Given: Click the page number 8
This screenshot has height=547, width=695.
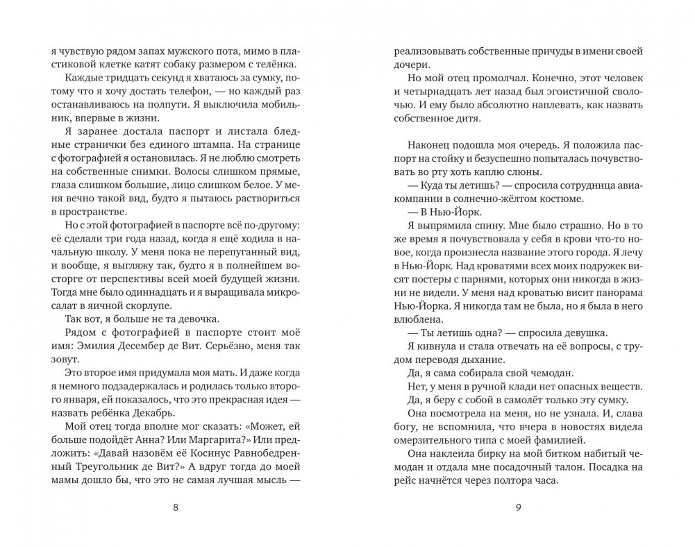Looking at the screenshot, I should point(174,508).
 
